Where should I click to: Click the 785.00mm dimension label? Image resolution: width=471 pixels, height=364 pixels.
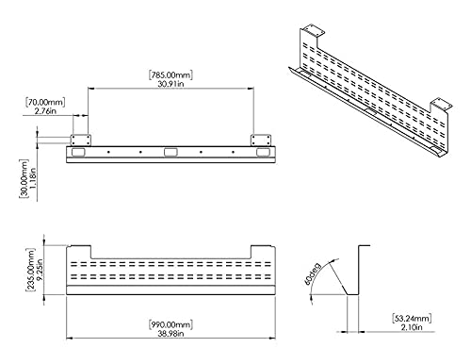coord(171,71)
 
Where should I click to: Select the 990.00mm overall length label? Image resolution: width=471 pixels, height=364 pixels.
coord(172,324)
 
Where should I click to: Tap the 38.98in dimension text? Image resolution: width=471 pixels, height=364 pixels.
coord(172,337)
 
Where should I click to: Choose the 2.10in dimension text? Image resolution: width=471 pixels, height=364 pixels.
coord(413,328)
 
